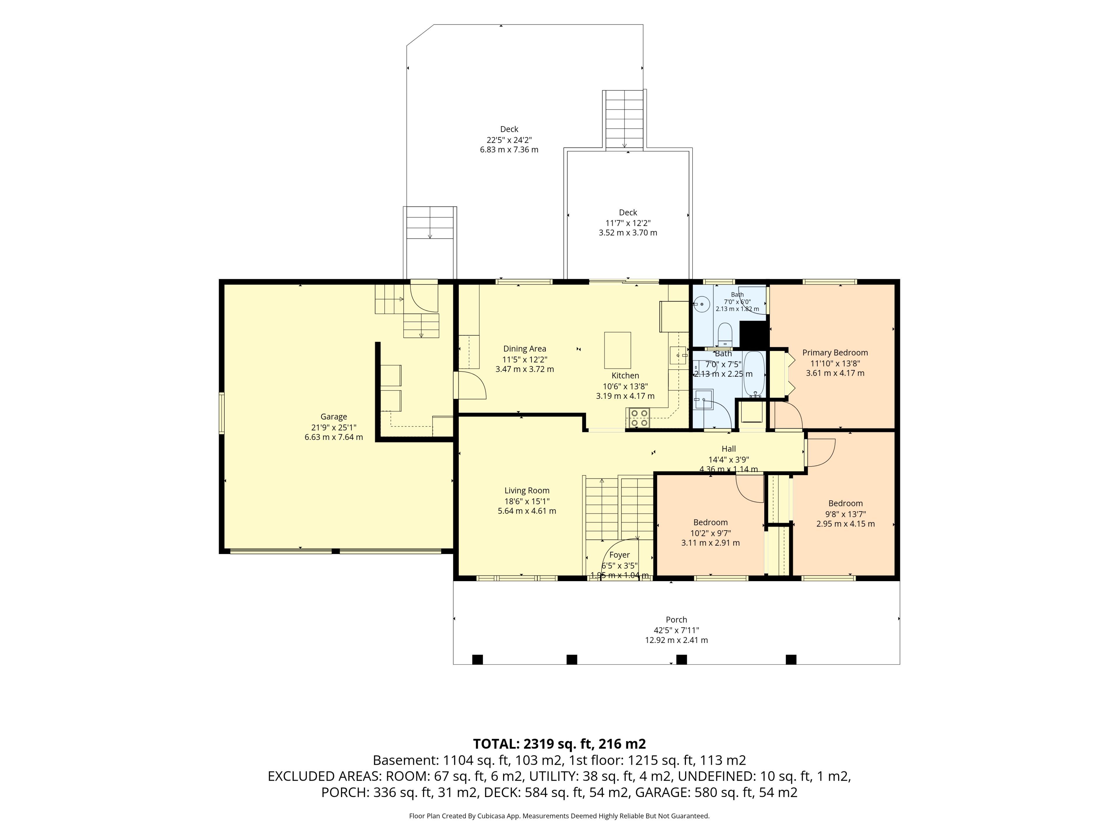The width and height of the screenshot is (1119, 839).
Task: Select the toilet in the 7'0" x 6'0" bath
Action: (725, 334)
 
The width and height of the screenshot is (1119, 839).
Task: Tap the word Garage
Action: (334, 417)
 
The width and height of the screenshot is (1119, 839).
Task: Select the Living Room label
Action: (527, 491)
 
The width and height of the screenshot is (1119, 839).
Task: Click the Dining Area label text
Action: (525, 348)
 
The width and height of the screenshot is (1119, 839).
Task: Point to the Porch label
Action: (676, 620)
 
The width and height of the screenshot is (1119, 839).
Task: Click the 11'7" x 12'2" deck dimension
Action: (628, 223)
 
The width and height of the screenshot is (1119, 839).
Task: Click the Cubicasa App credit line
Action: (559, 816)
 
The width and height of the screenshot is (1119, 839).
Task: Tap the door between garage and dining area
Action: (469, 385)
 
